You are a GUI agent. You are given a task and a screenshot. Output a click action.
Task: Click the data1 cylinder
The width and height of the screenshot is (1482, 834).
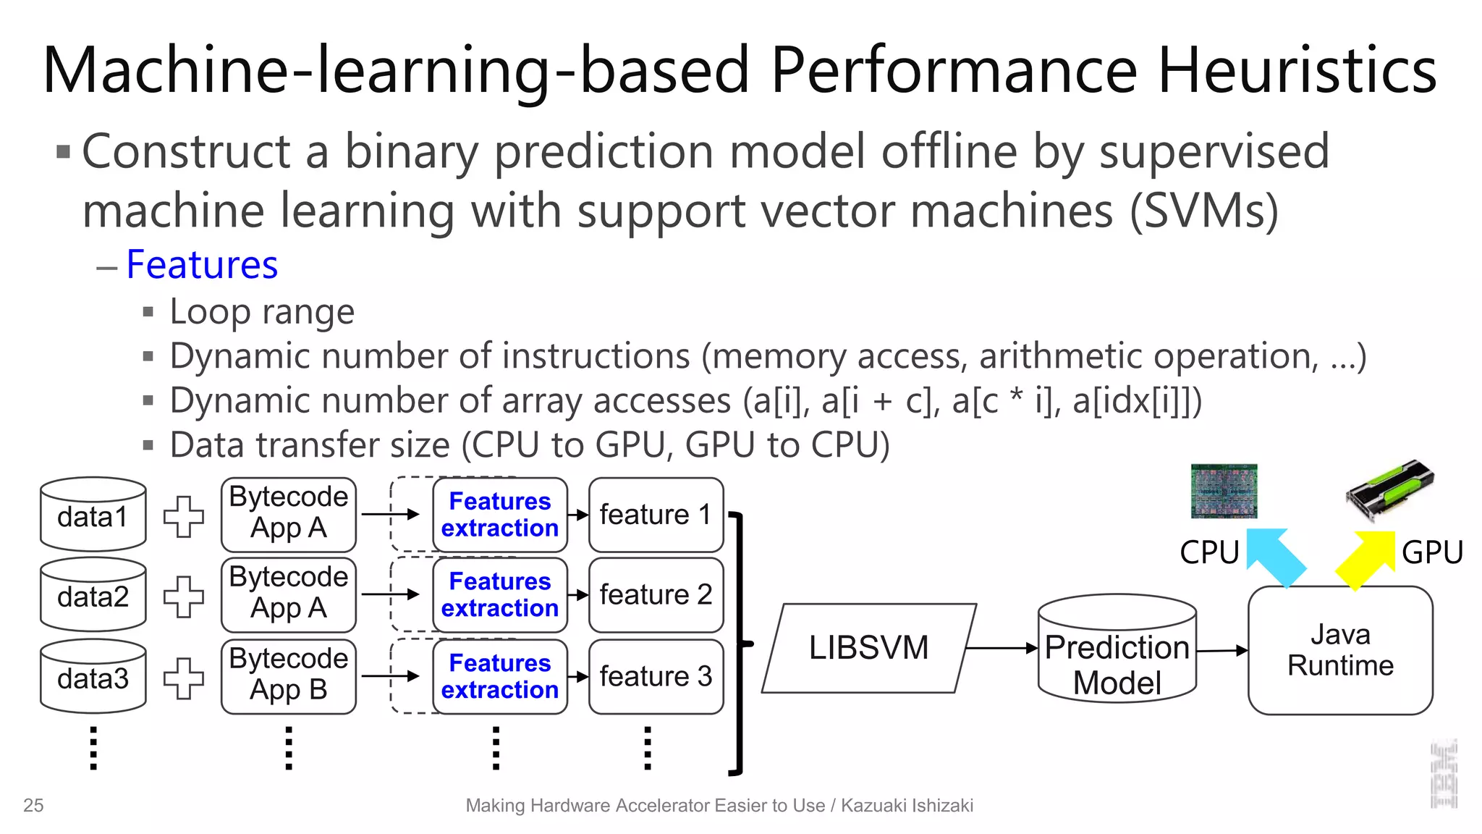(93, 515)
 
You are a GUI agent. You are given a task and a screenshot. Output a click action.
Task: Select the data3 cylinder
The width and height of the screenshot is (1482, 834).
(93, 677)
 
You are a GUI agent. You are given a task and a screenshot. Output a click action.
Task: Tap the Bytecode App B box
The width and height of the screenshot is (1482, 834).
(288, 675)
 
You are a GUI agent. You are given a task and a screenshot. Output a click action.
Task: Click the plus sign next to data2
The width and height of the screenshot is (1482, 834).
(184, 597)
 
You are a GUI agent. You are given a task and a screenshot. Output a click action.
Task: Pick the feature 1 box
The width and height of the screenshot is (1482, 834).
(656, 515)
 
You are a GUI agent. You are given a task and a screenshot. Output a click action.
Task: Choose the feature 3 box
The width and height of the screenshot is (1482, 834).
(656, 676)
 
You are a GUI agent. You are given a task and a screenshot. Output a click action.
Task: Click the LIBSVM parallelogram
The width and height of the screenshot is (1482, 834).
(868, 648)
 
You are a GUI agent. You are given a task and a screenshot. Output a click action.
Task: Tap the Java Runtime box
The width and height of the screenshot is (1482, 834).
(1340, 650)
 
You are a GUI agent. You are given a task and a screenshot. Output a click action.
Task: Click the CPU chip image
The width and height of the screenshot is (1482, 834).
(1224, 491)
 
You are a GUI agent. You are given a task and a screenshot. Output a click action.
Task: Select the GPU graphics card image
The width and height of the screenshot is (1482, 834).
(1390, 490)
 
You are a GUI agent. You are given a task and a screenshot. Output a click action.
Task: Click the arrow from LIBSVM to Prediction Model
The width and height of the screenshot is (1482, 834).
(1002, 648)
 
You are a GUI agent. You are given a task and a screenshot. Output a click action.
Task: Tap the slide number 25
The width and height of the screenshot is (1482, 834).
(33, 805)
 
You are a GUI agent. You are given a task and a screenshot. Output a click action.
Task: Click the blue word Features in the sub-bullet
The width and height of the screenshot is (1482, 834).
(202, 265)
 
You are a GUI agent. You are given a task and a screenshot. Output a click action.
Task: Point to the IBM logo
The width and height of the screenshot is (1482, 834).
(1444, 775)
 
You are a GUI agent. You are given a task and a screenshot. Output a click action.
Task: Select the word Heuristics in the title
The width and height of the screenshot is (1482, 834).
(1297, 70)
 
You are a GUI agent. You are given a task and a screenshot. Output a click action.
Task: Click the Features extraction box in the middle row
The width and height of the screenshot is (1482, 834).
(500, 595)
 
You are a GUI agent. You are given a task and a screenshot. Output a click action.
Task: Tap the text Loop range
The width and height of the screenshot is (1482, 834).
(262, 312)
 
